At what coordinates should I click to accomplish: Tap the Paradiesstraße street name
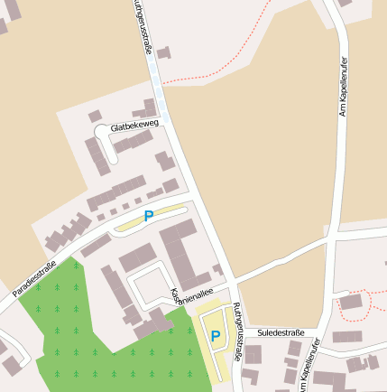pos(34,279)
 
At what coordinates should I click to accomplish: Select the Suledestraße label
pos(281,333)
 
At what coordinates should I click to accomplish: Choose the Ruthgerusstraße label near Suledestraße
pos(237,332)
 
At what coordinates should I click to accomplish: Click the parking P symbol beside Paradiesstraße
pos(149,216)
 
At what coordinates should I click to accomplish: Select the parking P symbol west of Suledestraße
pos(216,336)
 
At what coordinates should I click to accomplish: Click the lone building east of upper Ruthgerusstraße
pos(163,53)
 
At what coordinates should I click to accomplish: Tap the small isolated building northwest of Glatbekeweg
pos(95,116)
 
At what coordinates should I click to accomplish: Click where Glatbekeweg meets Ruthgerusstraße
pos(169,119)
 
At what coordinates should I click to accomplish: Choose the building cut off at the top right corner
pos(345,3)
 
